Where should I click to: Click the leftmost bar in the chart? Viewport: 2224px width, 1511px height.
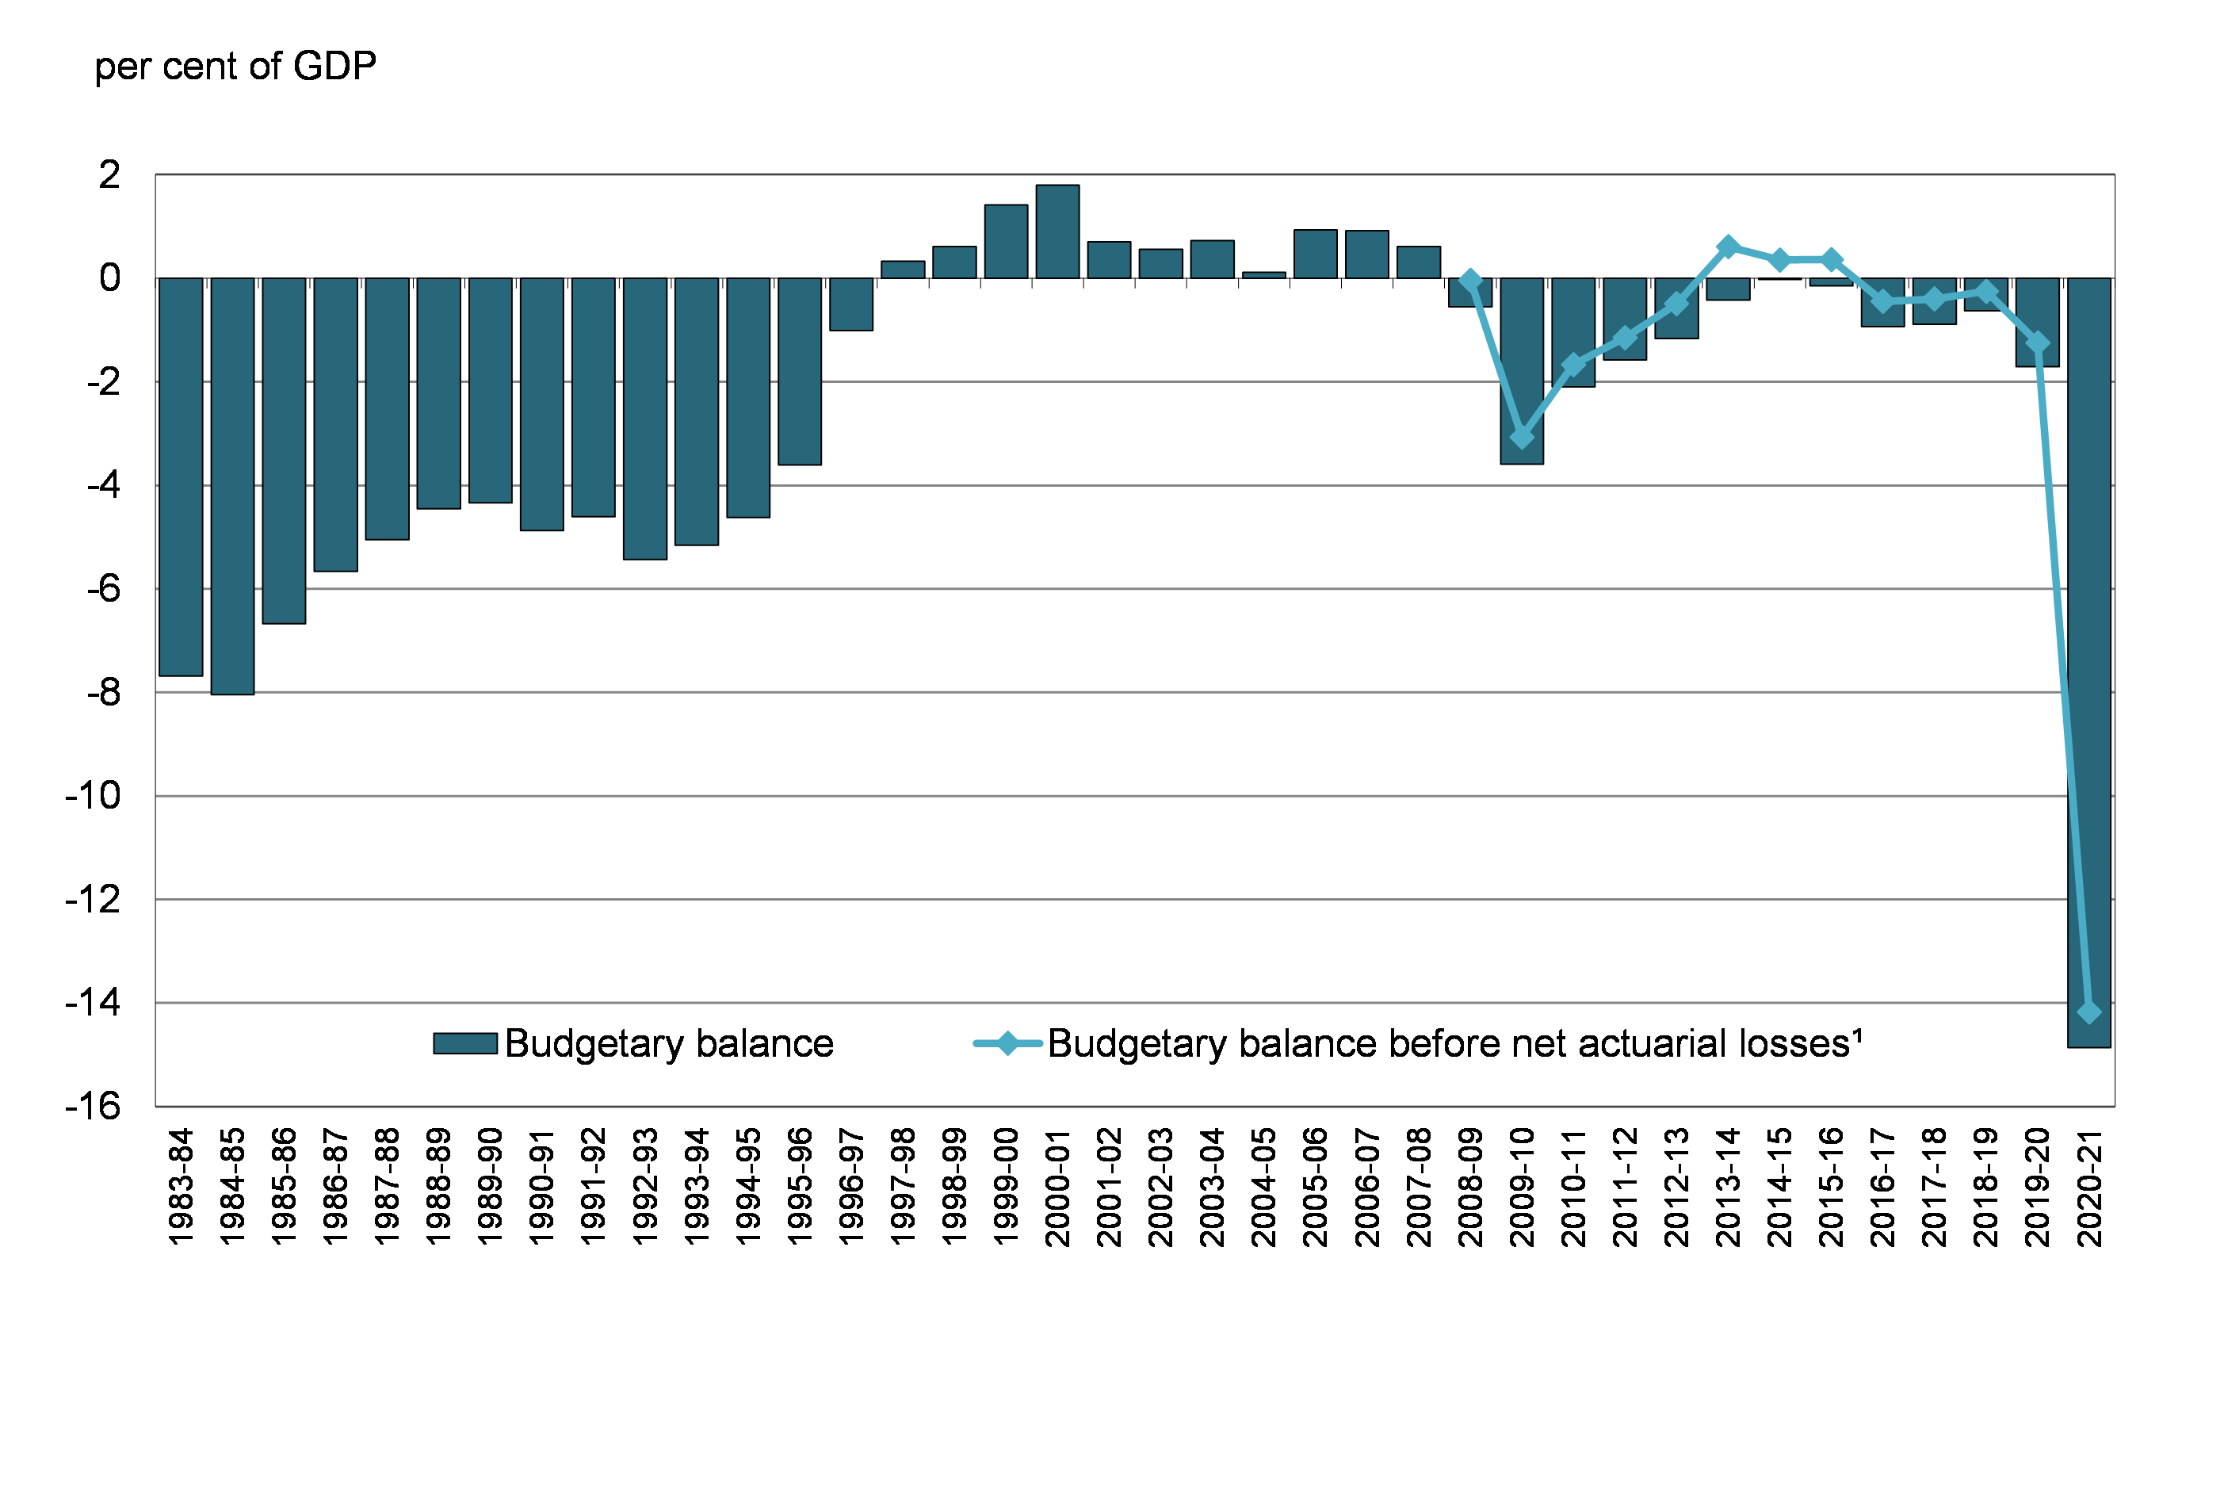pos(180,476)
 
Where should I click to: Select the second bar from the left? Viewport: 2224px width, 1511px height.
pos(232,486)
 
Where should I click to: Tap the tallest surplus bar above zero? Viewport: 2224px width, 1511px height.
pos(1057,231)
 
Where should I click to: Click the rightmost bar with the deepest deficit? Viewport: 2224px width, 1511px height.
pos(2089,662)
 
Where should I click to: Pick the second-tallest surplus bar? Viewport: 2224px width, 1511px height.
pos(1006,241)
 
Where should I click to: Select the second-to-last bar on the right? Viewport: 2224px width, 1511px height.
pos(2038,323)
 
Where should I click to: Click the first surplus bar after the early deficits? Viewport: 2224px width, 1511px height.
pos(903,270)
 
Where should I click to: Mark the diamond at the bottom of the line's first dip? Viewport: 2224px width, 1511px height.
pos(1522,438)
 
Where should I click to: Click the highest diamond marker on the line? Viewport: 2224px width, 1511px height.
pos(1729,247)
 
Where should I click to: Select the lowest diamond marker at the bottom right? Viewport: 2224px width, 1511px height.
pos(2089,1012)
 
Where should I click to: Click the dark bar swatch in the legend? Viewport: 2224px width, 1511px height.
pos(465,1043)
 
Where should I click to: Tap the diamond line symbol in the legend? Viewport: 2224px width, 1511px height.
pos(1007,1043)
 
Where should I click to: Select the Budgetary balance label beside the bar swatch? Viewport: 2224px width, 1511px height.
pos(669,1043)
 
